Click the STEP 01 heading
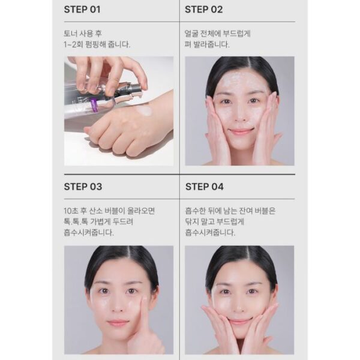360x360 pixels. tap(82, 10)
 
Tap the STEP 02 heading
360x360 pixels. tap(203, 10)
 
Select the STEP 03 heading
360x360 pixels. tap(83, 187)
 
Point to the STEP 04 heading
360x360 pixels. tap(205, 187)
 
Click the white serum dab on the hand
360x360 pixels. tap(144, 112)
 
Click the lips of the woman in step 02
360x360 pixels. tap(241, 131)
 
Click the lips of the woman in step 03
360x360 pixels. tap(118, 323)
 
